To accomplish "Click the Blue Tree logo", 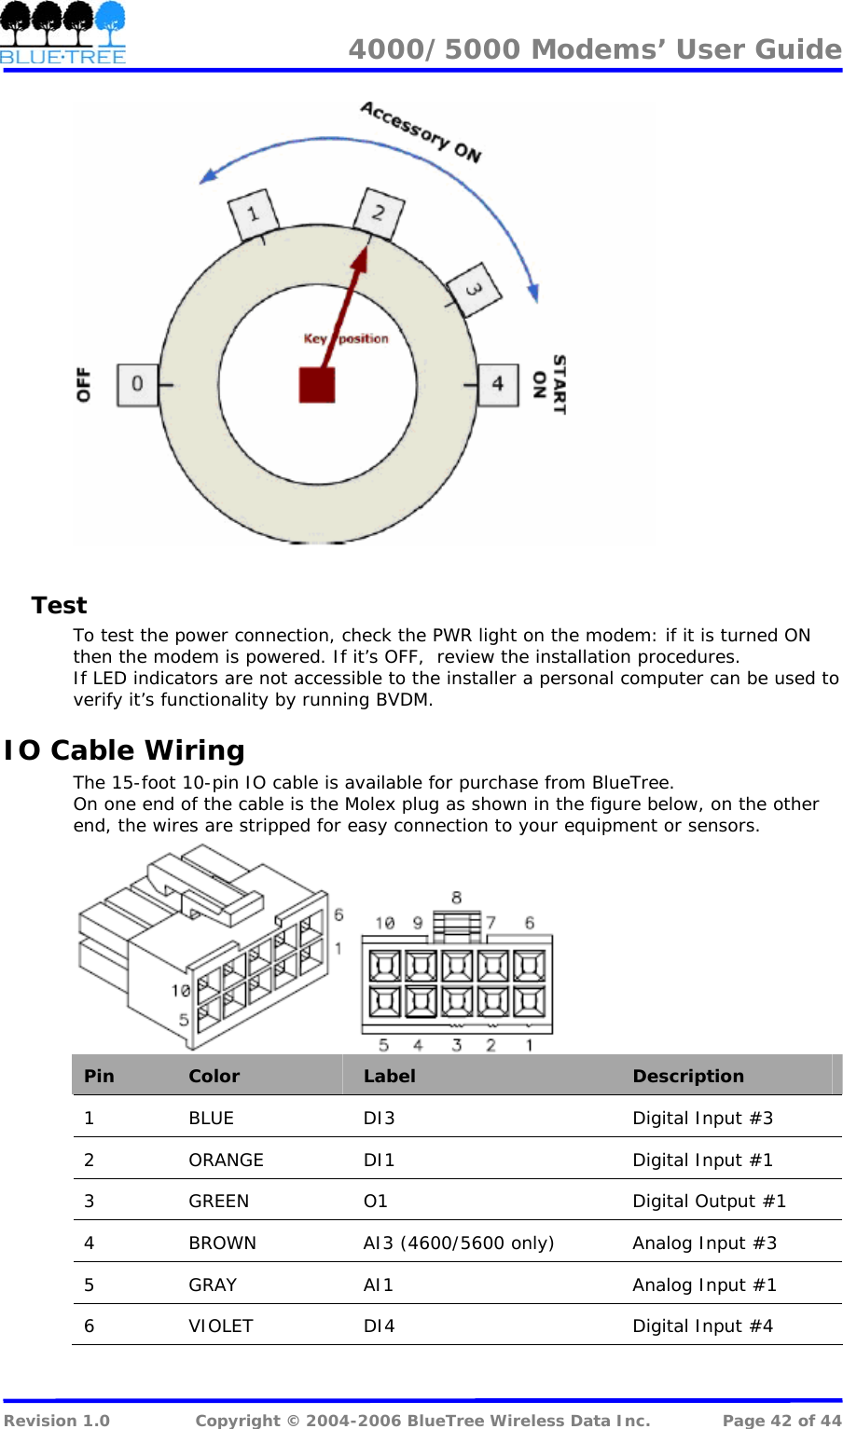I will (x=62, y=34).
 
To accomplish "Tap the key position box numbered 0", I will (x=137, y=384).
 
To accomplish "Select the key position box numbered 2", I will (x=379, y=213).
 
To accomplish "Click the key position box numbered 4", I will (x=498, y=384).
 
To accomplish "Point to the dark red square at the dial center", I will (x=317, y=385).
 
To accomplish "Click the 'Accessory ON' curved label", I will (x=421, y=131).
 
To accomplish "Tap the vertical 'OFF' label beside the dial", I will (x=84, y=384).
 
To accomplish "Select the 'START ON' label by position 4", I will (x=549, y=384).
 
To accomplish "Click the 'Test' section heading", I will (x=59, y=606).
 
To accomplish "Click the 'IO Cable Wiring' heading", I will (x=124, y=750).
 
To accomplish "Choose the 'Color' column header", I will (x=214, y=1077).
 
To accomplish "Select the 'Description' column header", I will (x=688, y=1077).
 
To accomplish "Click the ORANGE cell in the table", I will (x=226, y=1161).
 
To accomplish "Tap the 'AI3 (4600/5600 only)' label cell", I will (x=458, y=1244).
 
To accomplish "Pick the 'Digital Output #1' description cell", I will (x=709, y=1202).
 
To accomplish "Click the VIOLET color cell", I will (x=221, y=1326).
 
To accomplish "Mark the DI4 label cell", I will (x=379, y=1326).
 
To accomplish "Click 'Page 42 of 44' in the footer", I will (x=781, y=1421).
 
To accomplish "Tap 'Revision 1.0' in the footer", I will (x=57, y=1421).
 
